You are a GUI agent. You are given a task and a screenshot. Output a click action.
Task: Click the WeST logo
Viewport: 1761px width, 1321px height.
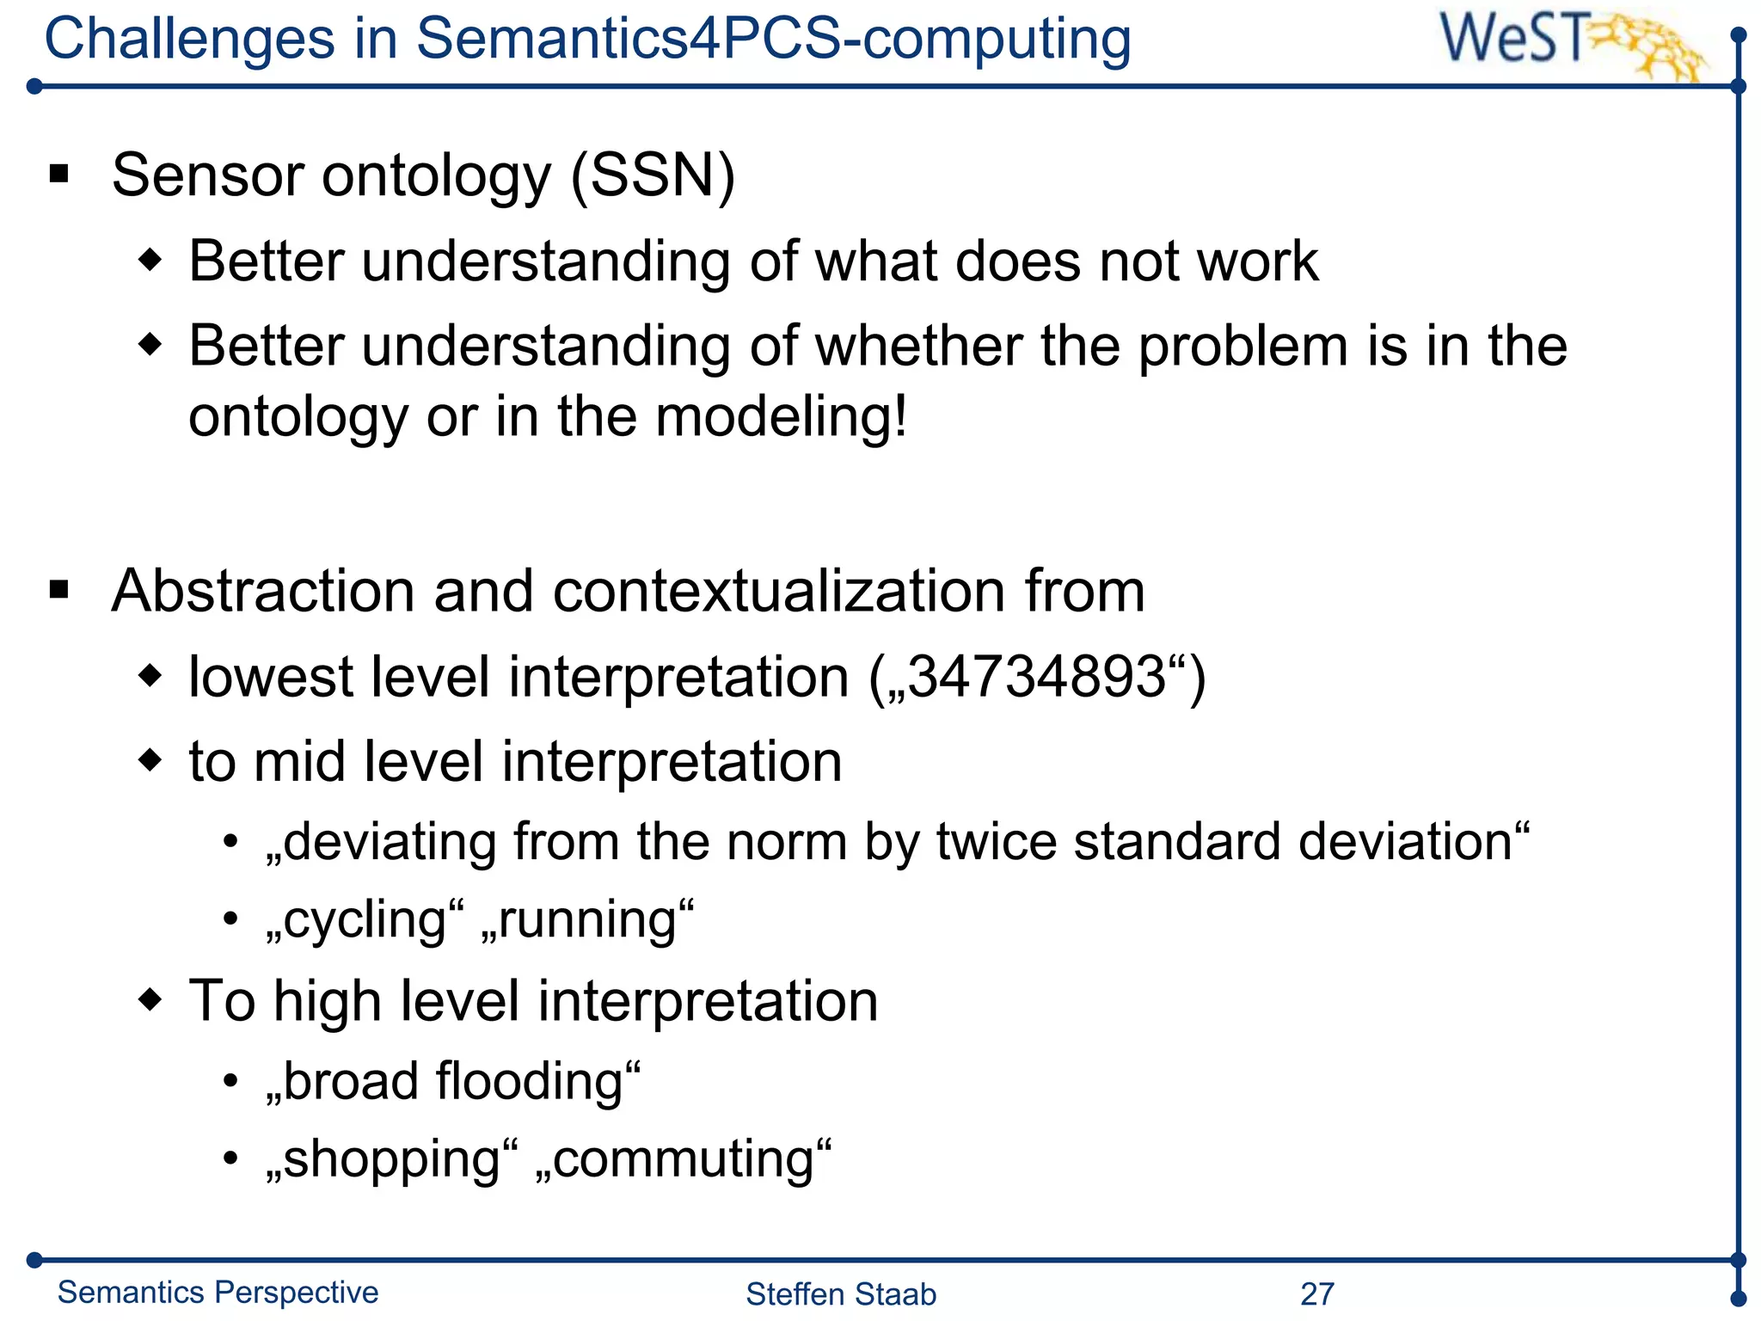[x=1569, y=43]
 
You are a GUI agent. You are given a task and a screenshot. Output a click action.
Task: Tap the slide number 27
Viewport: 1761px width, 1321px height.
[x=1316, y=1293]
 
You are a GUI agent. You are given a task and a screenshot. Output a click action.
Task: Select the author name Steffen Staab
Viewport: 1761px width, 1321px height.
[x=840, y=1293]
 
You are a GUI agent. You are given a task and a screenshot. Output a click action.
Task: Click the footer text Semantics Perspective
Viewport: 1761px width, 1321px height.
[x=218, y=1292]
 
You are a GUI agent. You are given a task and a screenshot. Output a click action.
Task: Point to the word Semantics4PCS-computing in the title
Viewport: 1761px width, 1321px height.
[x=773, y=40]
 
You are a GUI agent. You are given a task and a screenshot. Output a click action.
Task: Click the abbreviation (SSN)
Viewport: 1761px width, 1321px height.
[x=653, y=175]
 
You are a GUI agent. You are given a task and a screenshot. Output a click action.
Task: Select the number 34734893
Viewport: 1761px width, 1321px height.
[x=1036, y=676]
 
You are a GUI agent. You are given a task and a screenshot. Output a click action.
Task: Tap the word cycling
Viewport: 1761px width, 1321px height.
[x=364, y=920]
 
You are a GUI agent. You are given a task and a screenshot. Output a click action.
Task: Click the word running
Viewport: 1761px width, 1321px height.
[x=587, y=920]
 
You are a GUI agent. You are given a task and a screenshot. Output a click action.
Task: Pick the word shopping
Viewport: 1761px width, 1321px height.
[x=392, y=1159]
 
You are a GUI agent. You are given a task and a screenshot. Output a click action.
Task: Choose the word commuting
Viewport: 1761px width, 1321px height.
[x=684, y=1159]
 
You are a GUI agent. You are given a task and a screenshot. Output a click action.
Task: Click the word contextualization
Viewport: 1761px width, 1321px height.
[x=779, y=592]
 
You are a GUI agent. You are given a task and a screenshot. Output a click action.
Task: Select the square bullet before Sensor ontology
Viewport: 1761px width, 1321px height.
[x=59, y=175]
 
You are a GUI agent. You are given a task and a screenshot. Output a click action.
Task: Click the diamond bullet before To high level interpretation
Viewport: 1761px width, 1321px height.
[x=150, y=999]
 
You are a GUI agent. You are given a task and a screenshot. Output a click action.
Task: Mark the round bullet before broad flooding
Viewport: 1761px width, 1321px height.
[x=230, y=1081]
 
